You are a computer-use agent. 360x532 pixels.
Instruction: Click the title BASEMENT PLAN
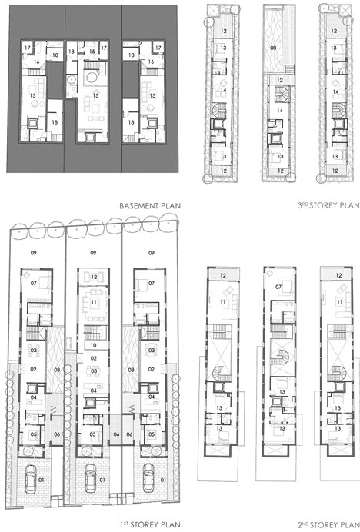click(x=150, y=205)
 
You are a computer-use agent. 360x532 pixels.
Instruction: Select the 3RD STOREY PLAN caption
click(x=328, y=205)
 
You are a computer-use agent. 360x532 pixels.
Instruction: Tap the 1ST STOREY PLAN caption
click(x=150, y=524)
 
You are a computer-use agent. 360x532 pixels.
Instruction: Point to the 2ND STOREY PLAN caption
click(x=328, y=524)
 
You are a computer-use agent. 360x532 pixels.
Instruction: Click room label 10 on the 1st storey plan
click(x=94, y=345)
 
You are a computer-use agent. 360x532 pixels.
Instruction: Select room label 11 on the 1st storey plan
click(x=94, y=301)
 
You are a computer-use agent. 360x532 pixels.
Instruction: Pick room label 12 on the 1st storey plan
click(x=94, y=277)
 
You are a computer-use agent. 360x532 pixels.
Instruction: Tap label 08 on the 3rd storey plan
click(x=273, y=48)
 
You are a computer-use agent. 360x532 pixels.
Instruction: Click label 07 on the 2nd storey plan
click(x=278, y=287)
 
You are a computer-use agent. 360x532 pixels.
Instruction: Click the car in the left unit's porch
click(x=32, y=479)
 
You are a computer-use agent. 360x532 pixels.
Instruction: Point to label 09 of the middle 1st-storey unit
click(x=93, y=253)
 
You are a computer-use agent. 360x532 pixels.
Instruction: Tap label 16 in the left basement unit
click(x=36, y=62)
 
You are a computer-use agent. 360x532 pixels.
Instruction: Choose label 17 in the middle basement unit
click(x=104, y=48)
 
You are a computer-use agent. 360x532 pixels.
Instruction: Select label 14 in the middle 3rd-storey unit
click(x=280, y=110)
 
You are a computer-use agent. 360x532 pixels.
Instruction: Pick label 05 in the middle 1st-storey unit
click(x=93, y=434)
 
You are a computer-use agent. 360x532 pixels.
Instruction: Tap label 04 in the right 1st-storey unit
click(x=152, y=397)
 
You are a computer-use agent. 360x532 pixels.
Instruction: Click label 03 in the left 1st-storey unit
click(x=33, y=350)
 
